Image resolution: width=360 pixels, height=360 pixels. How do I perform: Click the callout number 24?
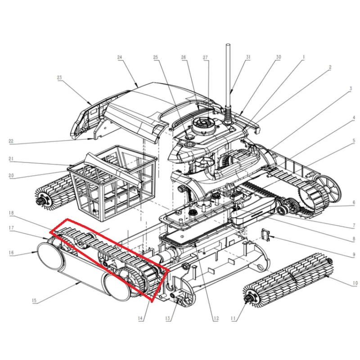(x=120, y=57)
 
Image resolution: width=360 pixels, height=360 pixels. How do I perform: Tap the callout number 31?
(x=248, y=57)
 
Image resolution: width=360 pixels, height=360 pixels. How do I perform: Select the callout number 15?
(x=34, y=301)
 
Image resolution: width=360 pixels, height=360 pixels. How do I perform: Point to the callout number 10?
(x=355, y=283)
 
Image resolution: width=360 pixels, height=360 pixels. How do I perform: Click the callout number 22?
(x=11, y=141)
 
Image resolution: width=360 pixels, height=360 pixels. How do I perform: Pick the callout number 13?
(x=167, y=318)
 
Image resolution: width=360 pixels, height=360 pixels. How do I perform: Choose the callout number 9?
(x=354, y=255)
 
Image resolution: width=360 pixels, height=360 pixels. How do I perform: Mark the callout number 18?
(x=11, y=213)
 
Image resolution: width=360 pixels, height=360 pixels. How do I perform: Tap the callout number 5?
(x=354, y=141)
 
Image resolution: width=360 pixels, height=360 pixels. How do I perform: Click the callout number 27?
(x=206, y=58)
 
